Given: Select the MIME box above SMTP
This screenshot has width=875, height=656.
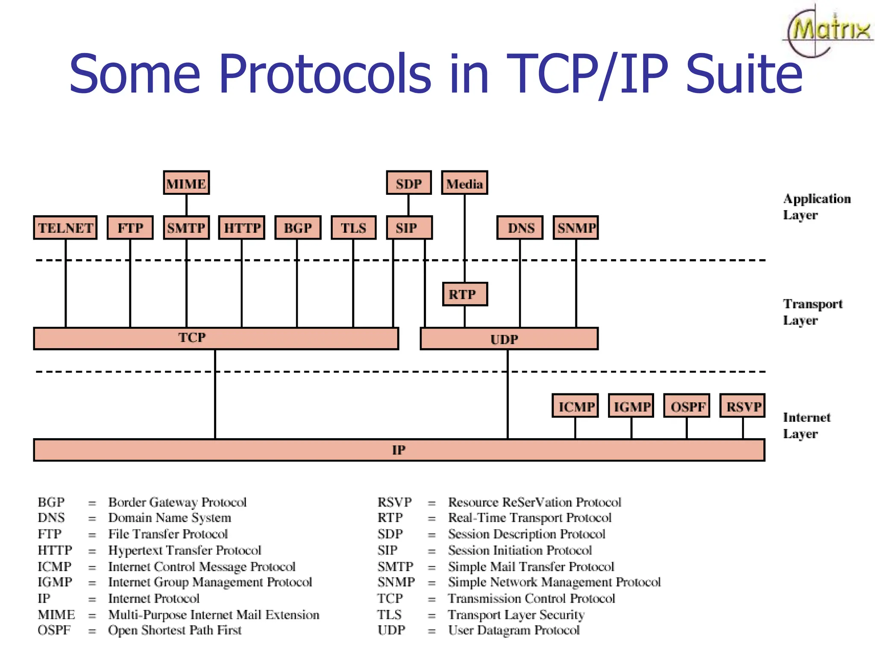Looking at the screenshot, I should (186, 183).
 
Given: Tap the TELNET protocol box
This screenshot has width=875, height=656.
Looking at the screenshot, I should (65, 228).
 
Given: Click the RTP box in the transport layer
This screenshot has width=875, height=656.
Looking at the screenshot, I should (464, 294).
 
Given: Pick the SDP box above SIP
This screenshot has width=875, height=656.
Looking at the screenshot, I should (408, 183).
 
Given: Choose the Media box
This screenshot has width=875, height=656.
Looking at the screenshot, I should (464, 183).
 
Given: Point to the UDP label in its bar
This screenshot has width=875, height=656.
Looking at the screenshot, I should (504, 340).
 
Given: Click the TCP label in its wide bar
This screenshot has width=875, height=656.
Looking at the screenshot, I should (192, 338).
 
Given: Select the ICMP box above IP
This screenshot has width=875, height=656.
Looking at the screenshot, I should (575, 406).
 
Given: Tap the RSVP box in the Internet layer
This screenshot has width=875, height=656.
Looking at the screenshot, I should (743, 406).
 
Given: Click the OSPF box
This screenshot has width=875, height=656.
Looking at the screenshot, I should (687, 406).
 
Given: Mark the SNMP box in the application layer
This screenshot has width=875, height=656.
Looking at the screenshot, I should (576, 228).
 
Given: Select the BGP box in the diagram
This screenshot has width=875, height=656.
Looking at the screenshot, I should (297, 228).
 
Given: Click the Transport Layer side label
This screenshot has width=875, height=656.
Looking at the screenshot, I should (812, 312).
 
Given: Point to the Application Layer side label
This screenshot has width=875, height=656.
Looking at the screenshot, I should (816, 207).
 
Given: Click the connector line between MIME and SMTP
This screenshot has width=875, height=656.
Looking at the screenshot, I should (186, 205).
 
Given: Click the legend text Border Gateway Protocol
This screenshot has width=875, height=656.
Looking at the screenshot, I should (177, 502).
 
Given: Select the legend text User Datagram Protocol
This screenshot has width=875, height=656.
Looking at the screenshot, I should (514, 630).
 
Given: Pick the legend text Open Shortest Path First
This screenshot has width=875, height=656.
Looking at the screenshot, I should (175, 630).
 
